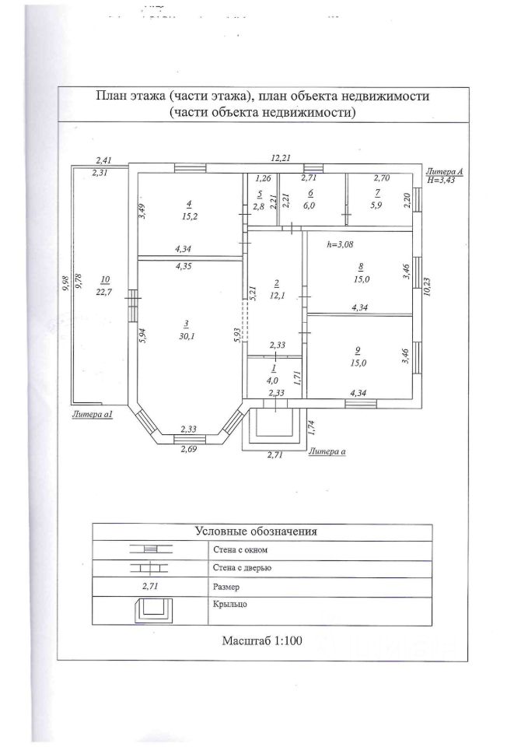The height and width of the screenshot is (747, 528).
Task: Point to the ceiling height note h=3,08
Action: click(x=341, y=244)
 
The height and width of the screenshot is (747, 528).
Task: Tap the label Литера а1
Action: click(x=93, y=414)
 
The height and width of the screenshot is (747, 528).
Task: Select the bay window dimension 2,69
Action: click(x=188, y=449)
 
